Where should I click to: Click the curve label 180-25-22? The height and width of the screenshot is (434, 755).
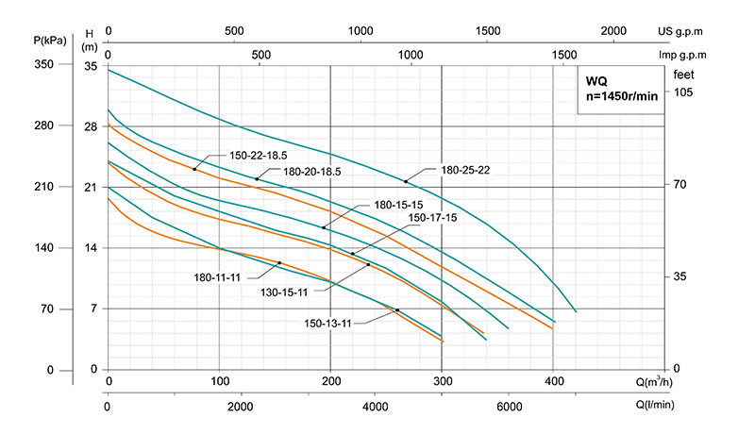point(464,171)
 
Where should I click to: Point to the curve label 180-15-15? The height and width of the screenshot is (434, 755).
point(397,204)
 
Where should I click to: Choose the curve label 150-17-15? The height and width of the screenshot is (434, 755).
point(432,218)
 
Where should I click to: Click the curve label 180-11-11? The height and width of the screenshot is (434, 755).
point(217,276)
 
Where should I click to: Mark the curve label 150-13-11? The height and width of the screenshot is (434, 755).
point(327,323)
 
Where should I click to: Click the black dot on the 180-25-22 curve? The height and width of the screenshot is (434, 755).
point(406,181)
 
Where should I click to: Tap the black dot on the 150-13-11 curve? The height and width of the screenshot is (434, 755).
point(397,309)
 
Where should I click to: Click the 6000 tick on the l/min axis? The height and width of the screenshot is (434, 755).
point(509,407)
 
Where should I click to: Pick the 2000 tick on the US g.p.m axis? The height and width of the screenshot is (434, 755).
point(613,31)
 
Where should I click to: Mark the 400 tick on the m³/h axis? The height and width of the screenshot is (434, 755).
point(553,381)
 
